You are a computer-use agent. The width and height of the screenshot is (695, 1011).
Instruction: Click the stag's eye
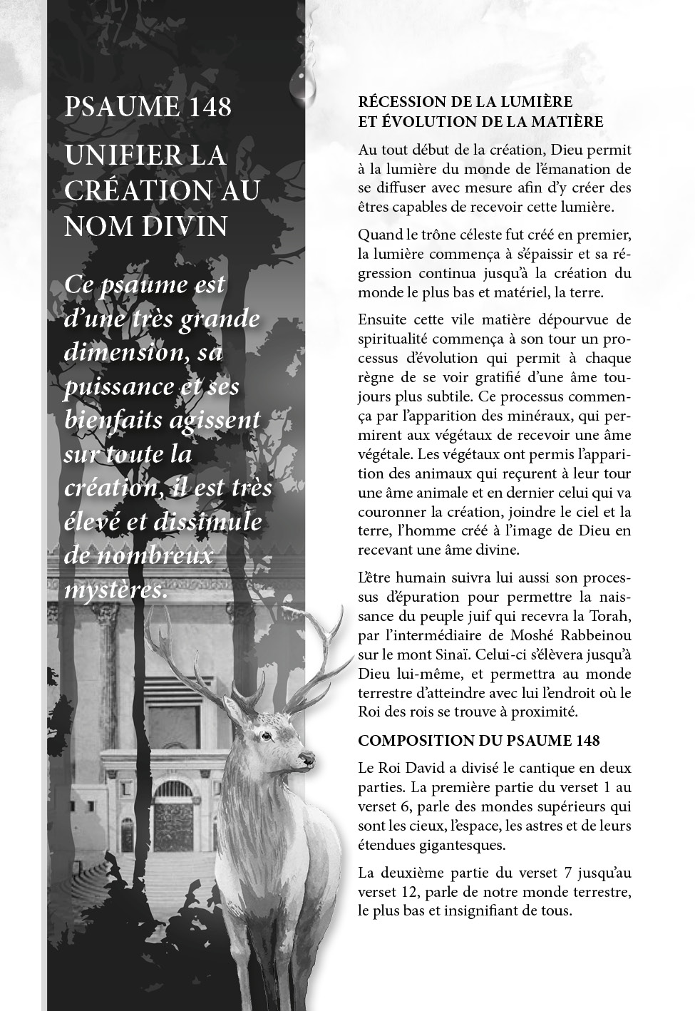tap(267, 736)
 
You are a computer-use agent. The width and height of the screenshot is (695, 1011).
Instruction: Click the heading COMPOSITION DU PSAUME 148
tap(478, 741)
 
